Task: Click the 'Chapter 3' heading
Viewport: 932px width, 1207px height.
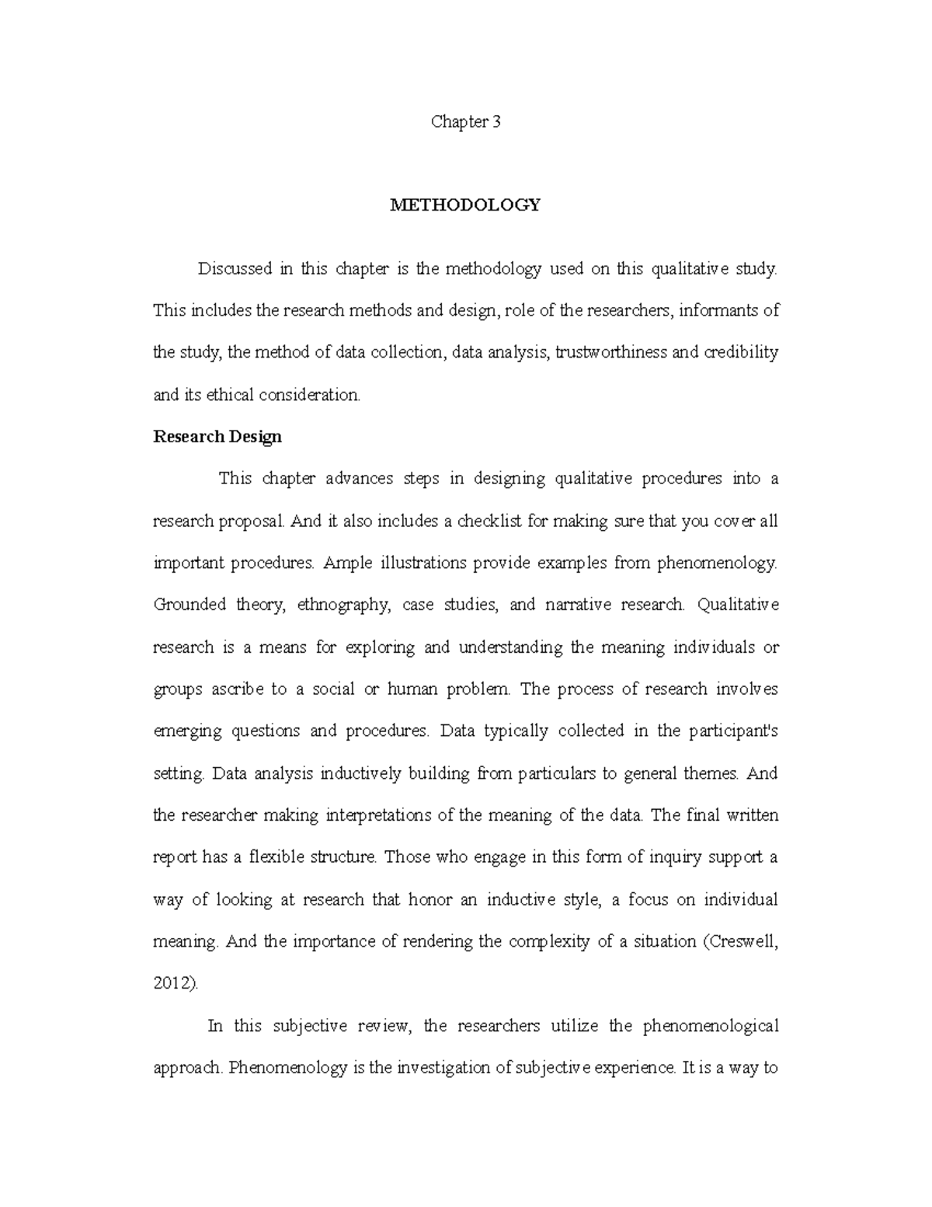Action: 465,122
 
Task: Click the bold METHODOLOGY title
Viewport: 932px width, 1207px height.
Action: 465,205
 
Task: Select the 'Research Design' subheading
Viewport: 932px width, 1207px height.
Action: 217,437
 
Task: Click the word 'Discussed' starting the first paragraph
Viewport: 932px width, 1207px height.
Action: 235,269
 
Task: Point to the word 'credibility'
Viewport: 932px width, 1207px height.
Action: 741,352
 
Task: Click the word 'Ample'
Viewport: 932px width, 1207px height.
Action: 349,563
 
